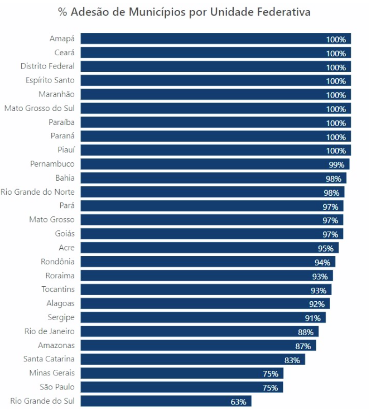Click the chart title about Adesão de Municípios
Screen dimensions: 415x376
click(x=184, y=12)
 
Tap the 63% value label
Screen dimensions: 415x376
click(x=239, y=402)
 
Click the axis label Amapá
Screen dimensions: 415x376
click(x=61, y=38)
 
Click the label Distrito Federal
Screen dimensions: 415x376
click(x=47, y=66)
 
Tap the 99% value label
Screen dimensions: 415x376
click(x=336, y=165)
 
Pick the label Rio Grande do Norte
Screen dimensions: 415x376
click(x=37, y=192)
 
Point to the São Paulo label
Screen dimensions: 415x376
click(x=57, y=387)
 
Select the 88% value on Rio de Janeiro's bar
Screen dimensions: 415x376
click(x=306, y=332)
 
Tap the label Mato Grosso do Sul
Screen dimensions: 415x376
click(x=39, y=108)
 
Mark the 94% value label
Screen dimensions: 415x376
click(x=322, y=262)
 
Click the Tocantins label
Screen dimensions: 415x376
click(x=58, y=289)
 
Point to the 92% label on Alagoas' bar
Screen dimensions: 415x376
click(x=317, y=304)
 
